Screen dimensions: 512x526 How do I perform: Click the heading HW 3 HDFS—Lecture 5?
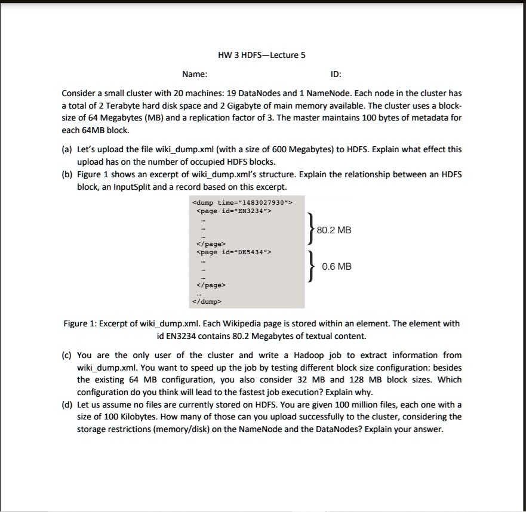pos(262,55)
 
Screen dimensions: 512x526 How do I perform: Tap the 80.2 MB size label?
pos(334,230)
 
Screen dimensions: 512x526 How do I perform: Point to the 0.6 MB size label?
pos(337,267)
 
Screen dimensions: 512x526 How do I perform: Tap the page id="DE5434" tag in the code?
pos(233,252)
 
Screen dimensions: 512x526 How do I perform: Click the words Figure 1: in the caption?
pos(81,323)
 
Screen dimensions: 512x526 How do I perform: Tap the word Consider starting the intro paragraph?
pos(79,94)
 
